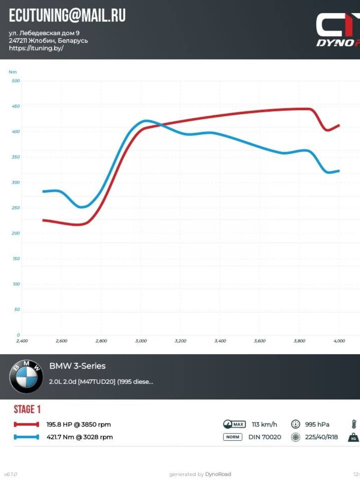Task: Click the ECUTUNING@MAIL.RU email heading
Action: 67,15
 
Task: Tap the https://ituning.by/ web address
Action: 36,48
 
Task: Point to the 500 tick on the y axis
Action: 16,81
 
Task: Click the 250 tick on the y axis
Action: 16,208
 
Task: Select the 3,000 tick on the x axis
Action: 141,341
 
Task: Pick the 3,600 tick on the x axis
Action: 260,341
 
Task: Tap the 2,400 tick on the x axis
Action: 22,341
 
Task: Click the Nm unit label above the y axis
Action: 13,72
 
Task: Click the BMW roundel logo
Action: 26,376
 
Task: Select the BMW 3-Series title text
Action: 77,366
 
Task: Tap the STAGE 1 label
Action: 27,409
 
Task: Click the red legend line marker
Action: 26,424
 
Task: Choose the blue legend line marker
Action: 26,437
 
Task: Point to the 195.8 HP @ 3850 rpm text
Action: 78,424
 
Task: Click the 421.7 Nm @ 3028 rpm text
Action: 79,437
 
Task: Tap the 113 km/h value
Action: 264,424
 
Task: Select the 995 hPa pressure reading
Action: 317,424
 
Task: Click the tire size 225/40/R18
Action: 321,437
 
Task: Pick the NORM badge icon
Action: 232,437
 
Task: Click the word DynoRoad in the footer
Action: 218,474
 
